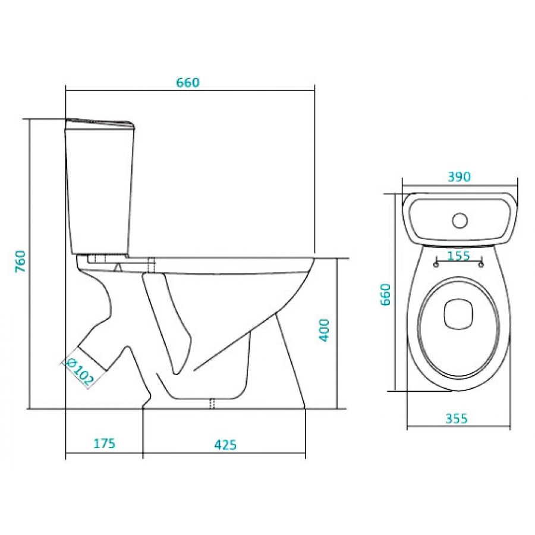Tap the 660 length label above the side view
pyautogui.click(x=188, y=83)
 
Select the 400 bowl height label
pyautogui.click(x=324, y=330)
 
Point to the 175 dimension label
pyautogui.click(x=105, y=443)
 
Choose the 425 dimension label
pyautogui.click(x=225, y=445)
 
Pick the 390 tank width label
pyautogui.click(x=459, y=177)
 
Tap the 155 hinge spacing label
pyautogui.click(x=458, y=255)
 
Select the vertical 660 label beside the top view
pyautogui.click(x=385, y=294)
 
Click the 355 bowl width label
pyautogui.click(x=457, y=418)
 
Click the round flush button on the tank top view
pyautogui.click(x=460, y=221)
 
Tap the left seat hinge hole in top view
pyautogui.click(x=436, y=265)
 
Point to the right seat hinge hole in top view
pyautogui.click(x=481, y=265)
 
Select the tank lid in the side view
pyautogui.click(x=100, y=124)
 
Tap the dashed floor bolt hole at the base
pyautogui.click(x=212, y=403)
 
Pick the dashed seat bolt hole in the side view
pyautogui.click(x=152, y=265)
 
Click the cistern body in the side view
pyautogui.click(x=99, y=191)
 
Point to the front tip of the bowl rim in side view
pyautogui.click(x=314, y=259)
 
